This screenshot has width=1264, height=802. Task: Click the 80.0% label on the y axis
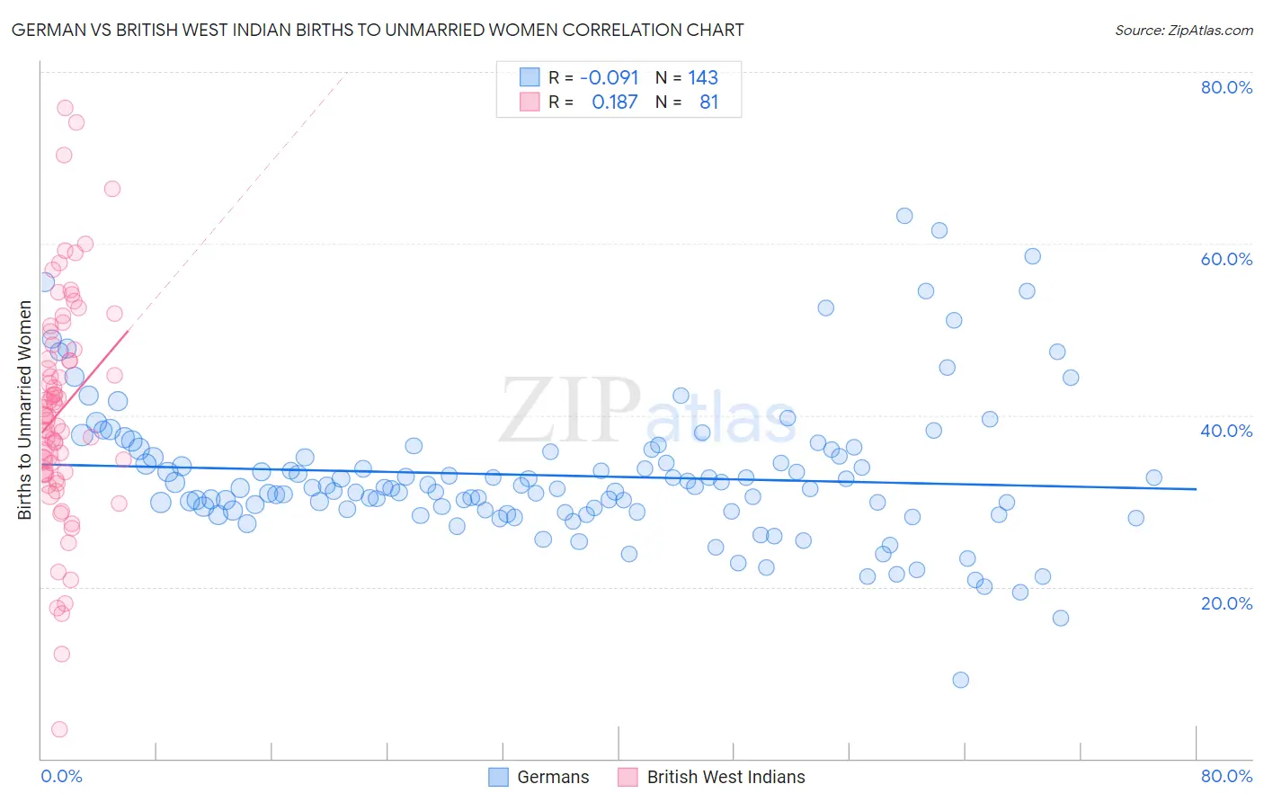point(1226,87)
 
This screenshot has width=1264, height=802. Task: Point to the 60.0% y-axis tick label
point(1226,259)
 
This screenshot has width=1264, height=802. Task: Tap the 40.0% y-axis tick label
point(1226,431)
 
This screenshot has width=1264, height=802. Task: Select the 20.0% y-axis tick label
point(1226,602)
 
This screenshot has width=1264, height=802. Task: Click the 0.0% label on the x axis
point(61,776)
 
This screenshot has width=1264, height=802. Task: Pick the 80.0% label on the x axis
point(1226,776)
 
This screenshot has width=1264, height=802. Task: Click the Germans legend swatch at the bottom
point(499,777)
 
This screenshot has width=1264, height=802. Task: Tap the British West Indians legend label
point(725,777)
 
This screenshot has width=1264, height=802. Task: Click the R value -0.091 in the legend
point(609,77)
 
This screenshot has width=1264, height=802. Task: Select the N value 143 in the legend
point(703,77)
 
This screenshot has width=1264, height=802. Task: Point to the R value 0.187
point(614,102)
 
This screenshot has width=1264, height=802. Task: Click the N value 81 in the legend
point(708,102)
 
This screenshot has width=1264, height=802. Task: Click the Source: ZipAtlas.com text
point(1183,30)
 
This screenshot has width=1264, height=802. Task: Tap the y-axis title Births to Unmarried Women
point(24,410)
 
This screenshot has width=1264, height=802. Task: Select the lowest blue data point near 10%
point(960,680)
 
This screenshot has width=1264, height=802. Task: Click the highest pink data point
point(65,108)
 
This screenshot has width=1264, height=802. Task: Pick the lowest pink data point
point(59,729)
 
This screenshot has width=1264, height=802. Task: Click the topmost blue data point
point(904,216)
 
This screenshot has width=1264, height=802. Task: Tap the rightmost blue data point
point(1153,477)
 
